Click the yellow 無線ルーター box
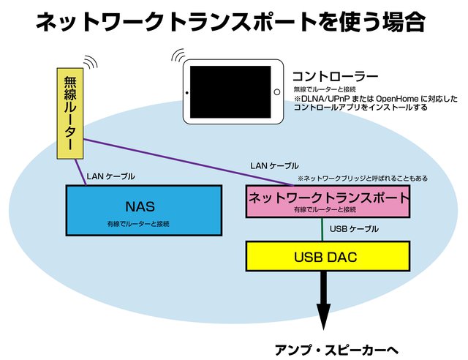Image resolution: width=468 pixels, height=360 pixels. click(x=69, y=113)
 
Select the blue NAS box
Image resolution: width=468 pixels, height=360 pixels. click(x=144, y=209)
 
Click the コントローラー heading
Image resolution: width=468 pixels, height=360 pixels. click(x=334, y=75)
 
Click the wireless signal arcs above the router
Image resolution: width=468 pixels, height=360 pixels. click(x=89, y=61)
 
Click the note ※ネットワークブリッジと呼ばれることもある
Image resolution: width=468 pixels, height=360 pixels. click(x=362, y=179)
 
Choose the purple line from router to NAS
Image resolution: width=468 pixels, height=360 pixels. click(x=79, y=169)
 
